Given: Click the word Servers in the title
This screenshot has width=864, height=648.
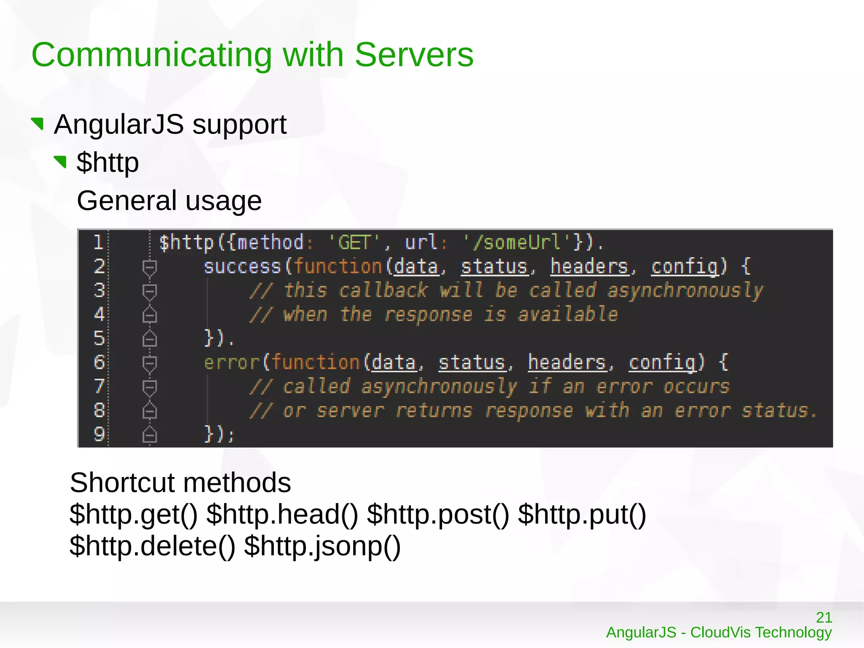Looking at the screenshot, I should coord(414,55).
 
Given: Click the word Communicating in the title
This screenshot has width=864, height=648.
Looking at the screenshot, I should coord(151,56).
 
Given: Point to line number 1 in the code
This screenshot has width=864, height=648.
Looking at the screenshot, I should coord(98,242).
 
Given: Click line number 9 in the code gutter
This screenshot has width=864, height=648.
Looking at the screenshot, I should coord(99,434).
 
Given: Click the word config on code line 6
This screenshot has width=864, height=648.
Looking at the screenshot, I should coord(662,363).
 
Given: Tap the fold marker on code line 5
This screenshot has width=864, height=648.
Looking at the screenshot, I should coord(150,339).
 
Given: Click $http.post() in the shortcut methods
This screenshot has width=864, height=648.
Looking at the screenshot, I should coord(438,515).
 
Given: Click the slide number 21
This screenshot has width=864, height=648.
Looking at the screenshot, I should coord(824,617).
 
